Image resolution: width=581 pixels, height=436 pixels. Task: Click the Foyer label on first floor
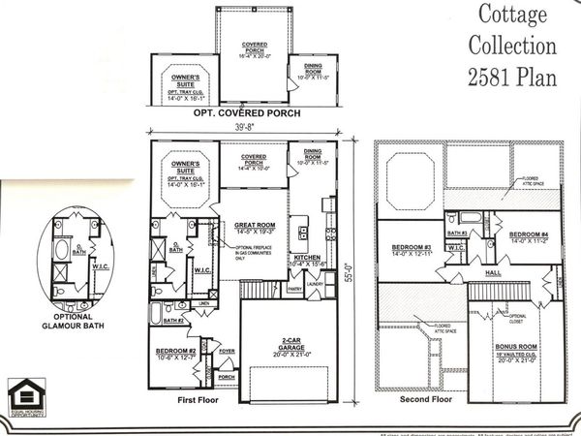pos(228,355)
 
